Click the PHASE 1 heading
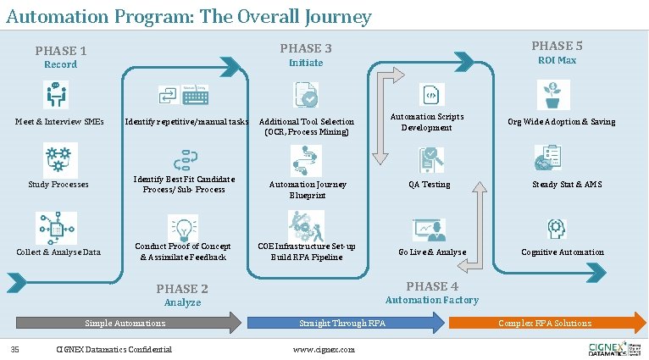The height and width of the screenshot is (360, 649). (x=61, y=51)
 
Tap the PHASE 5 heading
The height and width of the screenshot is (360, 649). (x=557, y=46)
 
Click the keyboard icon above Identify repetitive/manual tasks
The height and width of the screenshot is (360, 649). (x=195, y=96)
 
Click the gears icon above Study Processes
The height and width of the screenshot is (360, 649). (x=59, y=158)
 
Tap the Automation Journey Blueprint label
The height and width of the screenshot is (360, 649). (x=308, y=190)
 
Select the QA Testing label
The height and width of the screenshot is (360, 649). (x=430, y=185)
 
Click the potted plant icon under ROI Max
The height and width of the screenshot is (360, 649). (x=553, y=95)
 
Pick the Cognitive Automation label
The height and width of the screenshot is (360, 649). (x=563, y=252)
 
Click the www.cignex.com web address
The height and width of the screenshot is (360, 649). (x=324, y=350)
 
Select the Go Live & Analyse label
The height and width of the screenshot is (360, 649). (x=432, y=252)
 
